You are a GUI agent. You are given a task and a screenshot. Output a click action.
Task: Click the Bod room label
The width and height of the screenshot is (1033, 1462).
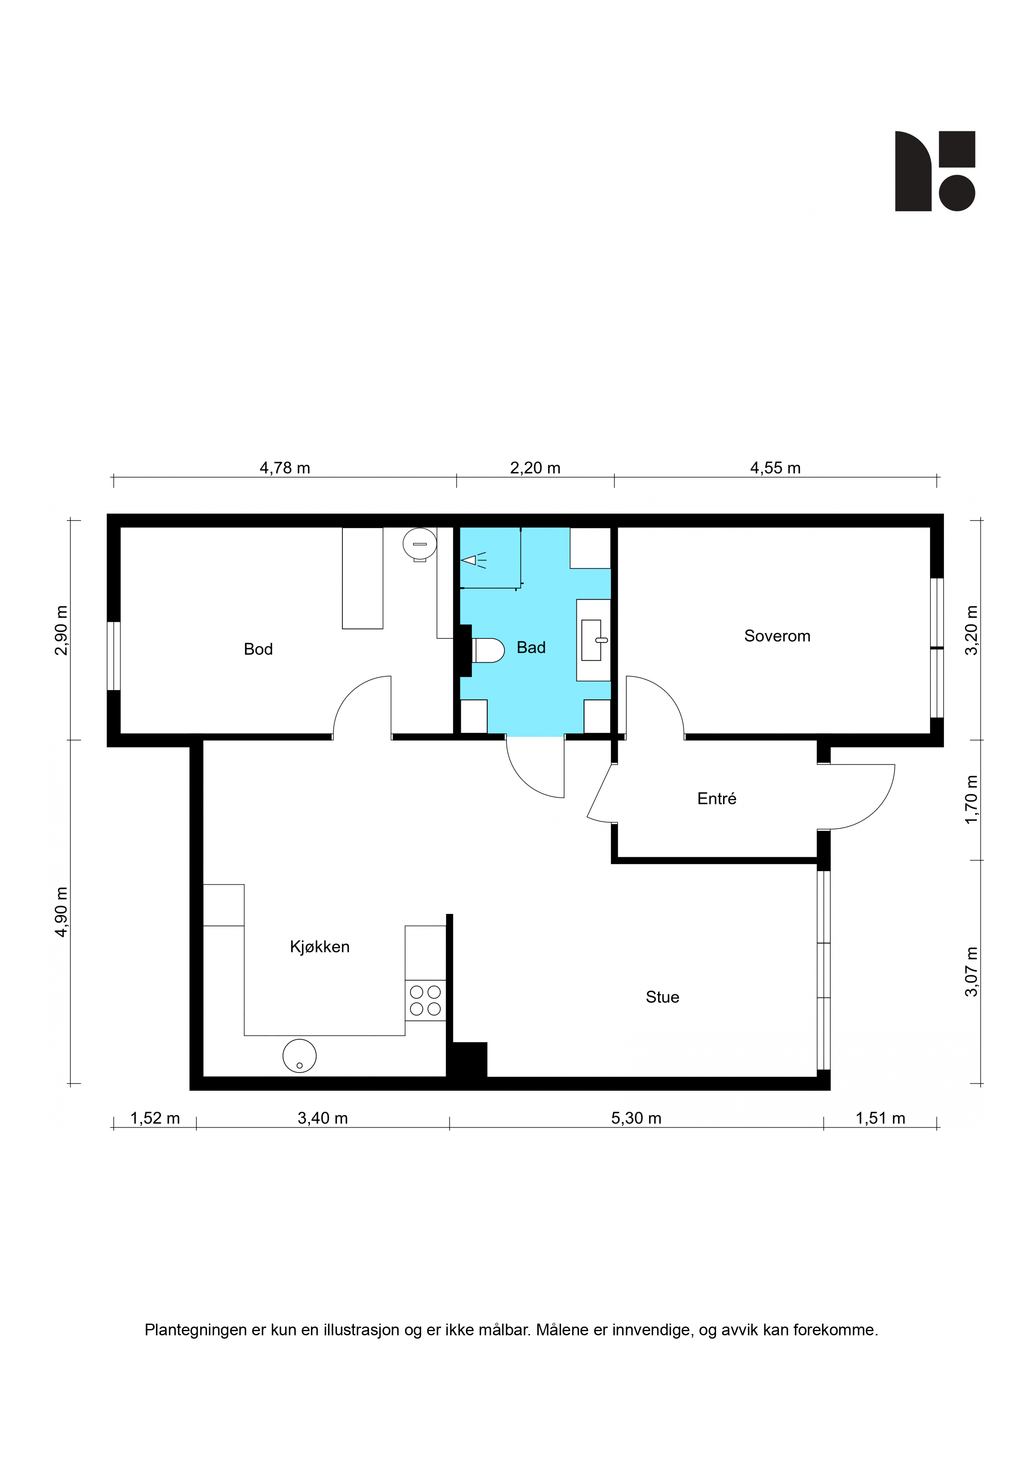(258, 649)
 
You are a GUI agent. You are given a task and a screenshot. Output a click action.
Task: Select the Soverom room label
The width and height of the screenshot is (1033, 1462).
(777, 636)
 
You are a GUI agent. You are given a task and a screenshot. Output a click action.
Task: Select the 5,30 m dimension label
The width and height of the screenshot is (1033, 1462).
(636, 1118)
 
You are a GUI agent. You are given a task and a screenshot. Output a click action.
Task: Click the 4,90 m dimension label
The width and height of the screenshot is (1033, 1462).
(61, 912)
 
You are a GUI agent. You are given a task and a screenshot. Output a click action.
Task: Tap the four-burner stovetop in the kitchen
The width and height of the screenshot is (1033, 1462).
(425, 1000)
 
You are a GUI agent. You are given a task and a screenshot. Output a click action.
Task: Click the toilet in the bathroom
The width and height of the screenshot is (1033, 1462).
(488, 650)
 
